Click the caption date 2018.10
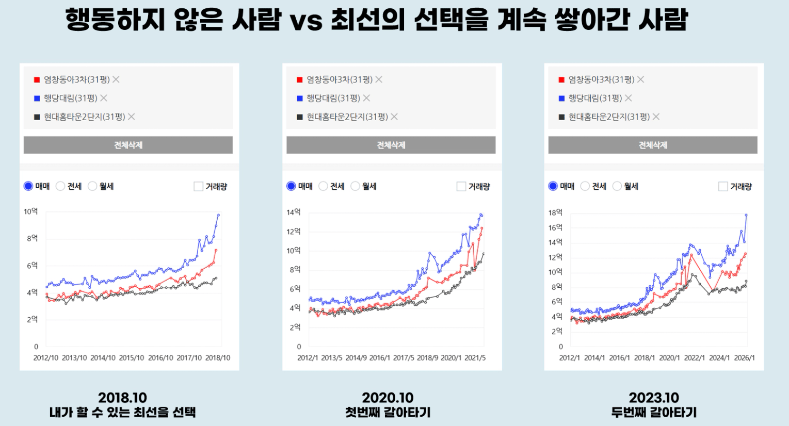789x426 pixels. click(122, 398)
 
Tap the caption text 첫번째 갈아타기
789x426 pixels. click(388, 413)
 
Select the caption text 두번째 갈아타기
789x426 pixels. click(654, 413)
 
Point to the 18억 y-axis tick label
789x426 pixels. click(555, 212)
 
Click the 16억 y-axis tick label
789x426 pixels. click(555, 227)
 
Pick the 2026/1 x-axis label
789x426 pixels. click(744, 358)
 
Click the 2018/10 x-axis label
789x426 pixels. click(218, 358)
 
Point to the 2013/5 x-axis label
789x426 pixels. click(332, 358)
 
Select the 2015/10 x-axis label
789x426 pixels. click(132, 358)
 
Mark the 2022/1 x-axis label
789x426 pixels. click(694, 358)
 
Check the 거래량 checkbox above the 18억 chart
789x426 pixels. click(723, 186)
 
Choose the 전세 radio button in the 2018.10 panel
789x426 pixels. click(60, 186)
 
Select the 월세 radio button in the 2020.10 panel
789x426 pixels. click(355, 186)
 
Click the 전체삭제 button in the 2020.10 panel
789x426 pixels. click(391, 145)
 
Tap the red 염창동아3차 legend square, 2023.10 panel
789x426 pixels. click(561, 79)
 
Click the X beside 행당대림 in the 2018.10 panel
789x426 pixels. click(104, 98)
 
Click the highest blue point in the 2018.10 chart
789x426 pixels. click(218, 215)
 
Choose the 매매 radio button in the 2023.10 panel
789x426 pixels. click(553, 186)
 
